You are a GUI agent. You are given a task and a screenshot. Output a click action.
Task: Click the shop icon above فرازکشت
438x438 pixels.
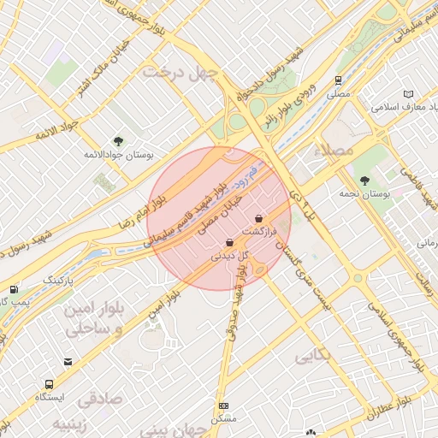(x=258, y=220)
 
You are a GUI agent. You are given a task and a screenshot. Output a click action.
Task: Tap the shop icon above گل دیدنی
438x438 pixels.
(x=228, y=244)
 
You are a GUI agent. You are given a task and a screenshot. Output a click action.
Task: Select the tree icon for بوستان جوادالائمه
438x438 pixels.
(x=118, y=142)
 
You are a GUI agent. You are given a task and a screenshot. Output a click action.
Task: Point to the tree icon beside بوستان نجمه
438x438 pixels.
(x=365, y=181)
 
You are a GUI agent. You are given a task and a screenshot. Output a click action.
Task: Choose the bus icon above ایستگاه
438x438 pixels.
(x=49, y=384)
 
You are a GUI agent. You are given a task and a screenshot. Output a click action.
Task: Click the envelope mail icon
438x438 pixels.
(x=68, y=362)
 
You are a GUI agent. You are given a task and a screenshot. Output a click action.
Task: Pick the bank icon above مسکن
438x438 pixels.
(x=223, y=405)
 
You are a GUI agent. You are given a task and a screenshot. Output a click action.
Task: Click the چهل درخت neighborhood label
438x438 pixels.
(x=181, y=71)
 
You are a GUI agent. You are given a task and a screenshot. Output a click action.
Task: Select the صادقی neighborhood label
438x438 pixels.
(x=100, y=400)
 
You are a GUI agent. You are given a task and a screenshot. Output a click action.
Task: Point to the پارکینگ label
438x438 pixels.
(x=59, y=281)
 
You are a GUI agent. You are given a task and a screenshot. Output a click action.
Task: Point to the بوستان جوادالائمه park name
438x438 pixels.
(x=118, y=155)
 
